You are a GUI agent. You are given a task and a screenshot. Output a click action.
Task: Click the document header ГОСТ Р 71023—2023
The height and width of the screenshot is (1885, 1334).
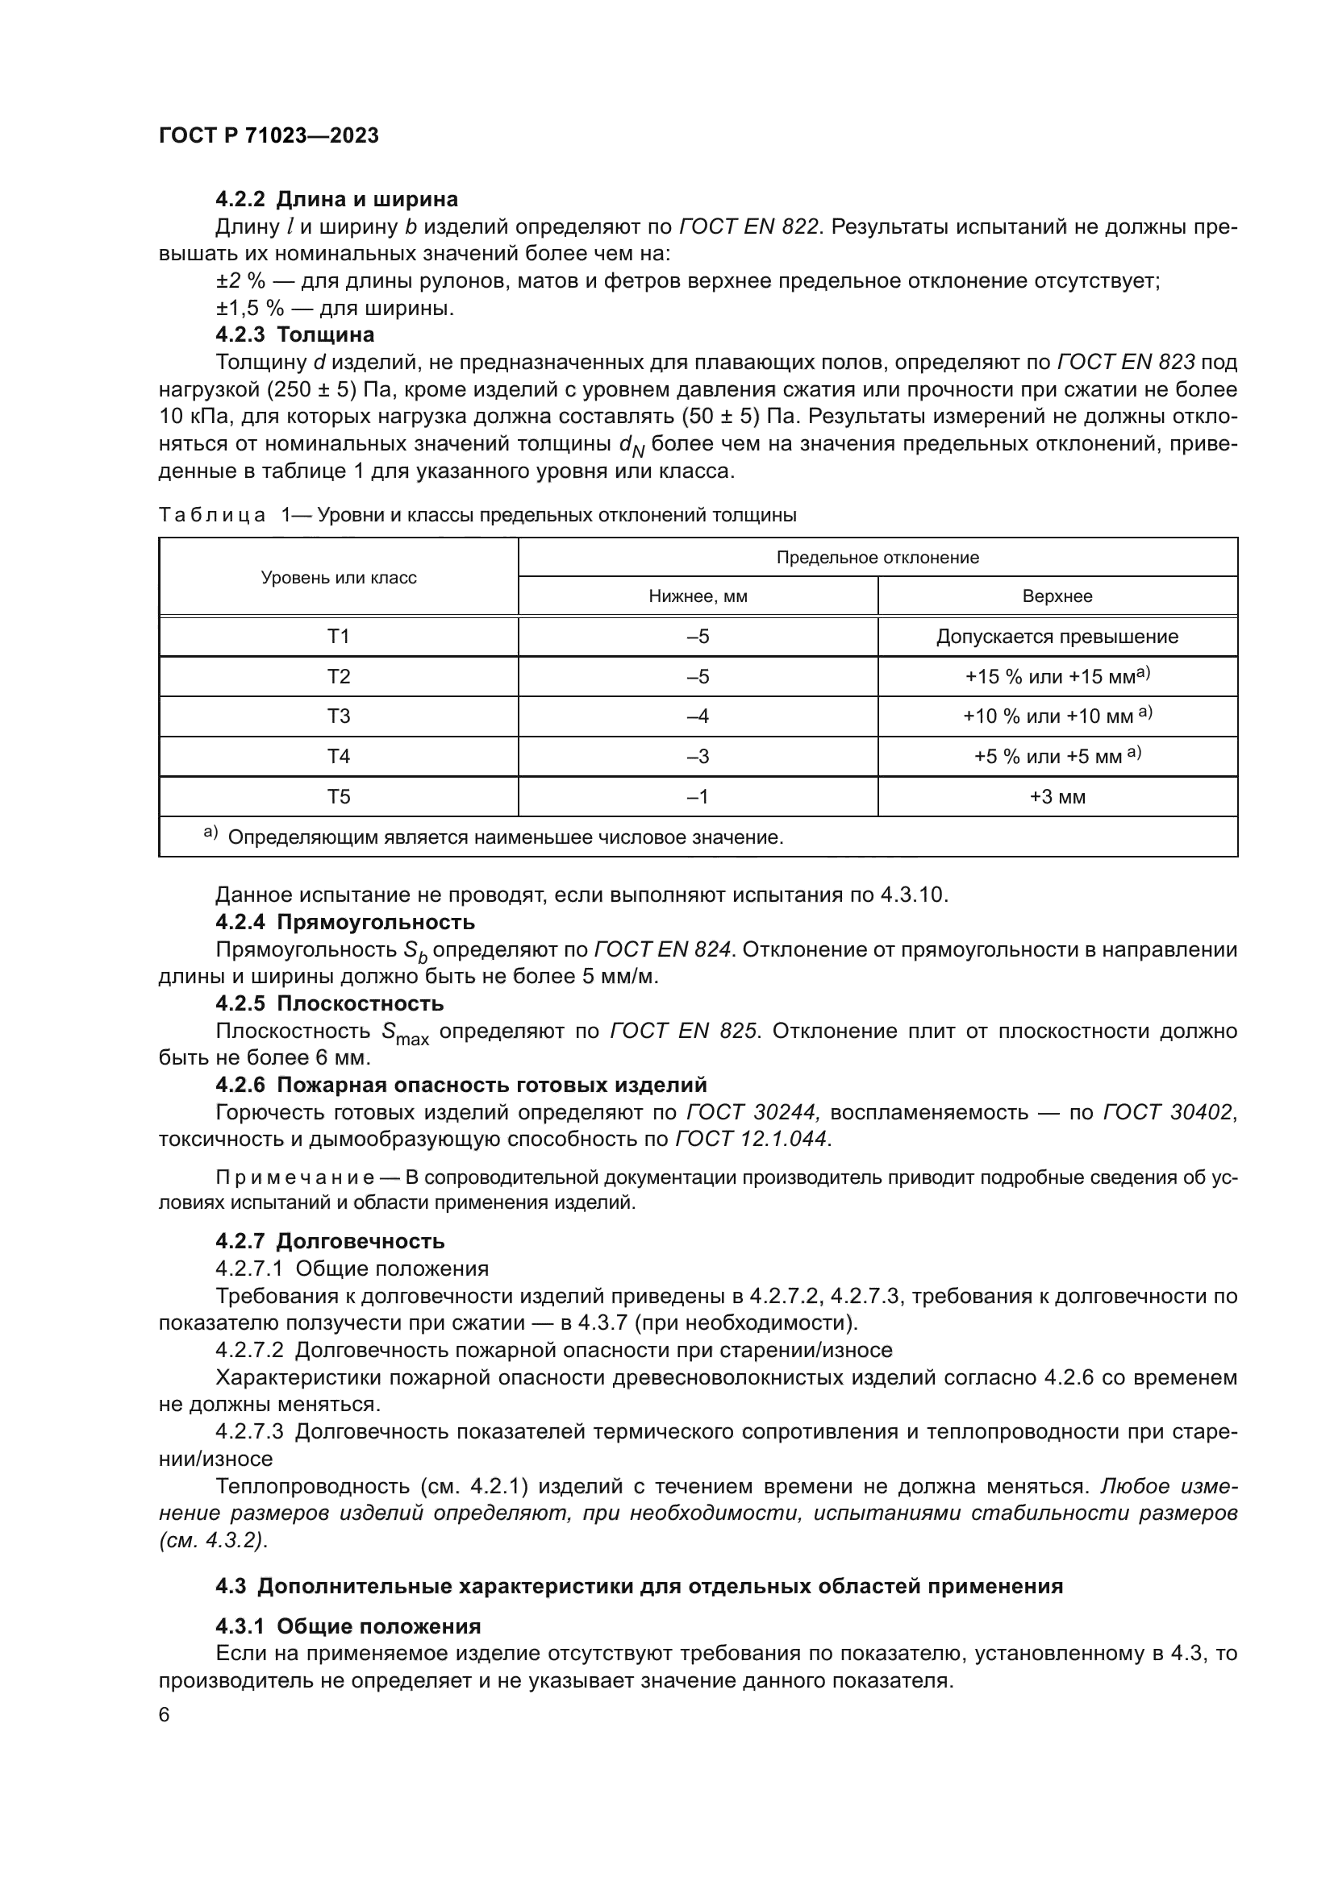(269, 136)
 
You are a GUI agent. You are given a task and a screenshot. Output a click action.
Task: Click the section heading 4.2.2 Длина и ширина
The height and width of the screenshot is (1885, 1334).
(337, 200)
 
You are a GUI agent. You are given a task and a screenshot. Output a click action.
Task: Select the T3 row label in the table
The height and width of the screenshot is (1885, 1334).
(339, 716)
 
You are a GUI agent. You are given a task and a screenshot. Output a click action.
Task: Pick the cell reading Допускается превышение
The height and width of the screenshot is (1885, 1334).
(1057, 637)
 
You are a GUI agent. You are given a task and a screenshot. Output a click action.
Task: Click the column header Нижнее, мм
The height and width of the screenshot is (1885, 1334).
(698, 597)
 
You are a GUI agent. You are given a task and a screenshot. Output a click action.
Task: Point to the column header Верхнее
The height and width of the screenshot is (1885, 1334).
(1057, 597)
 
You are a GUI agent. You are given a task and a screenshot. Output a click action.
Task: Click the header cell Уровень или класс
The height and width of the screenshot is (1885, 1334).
(339, 578)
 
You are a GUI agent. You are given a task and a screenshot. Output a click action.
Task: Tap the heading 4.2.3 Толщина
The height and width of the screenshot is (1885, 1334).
(295, 335)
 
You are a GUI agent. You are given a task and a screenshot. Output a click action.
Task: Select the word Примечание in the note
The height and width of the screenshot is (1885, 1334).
(295, 1178)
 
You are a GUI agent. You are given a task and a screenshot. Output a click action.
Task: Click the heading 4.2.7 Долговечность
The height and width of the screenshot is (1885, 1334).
(330, 1241)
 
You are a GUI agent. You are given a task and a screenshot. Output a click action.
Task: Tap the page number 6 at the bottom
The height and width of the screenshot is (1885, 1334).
(165, 1714)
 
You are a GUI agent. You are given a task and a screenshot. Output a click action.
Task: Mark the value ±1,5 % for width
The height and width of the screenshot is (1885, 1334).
(240, 309)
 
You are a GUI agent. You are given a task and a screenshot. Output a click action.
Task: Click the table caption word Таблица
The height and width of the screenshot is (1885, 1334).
(212, 516)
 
